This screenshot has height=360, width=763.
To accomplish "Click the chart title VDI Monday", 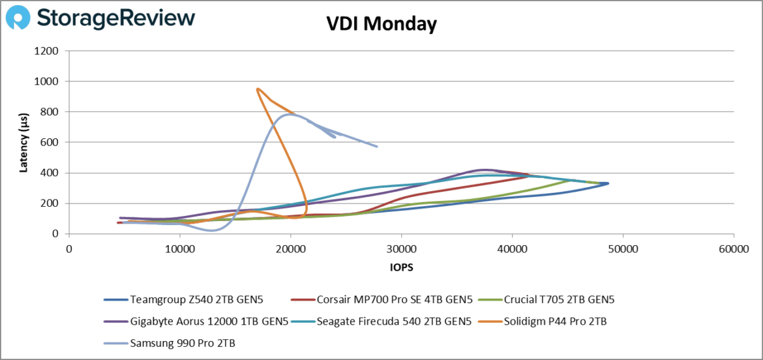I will click(381, 24).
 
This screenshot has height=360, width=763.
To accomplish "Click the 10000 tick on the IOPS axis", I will click(179, 248).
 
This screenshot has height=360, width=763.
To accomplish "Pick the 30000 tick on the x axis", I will click(401, 248).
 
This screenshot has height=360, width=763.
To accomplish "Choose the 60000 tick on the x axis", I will click(734, 248).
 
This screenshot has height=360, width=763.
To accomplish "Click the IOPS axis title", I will click(401, 267).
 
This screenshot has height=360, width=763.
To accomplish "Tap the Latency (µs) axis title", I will click(24, 142).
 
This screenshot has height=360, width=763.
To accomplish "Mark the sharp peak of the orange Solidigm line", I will click(258, 89).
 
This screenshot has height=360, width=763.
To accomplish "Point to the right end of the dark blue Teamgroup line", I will click(608, 183).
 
